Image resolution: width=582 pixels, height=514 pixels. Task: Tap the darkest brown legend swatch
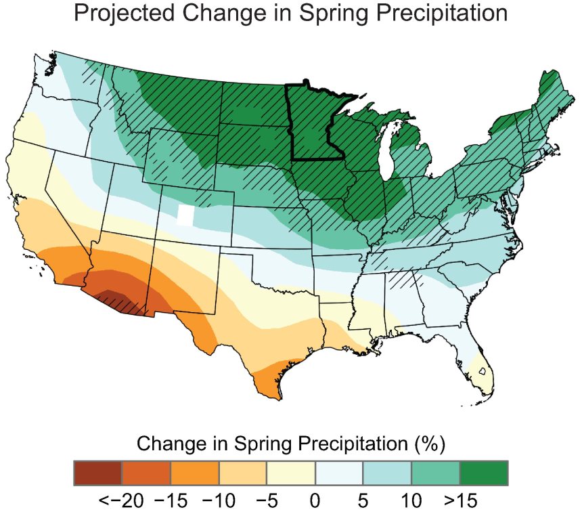tap(98, 473)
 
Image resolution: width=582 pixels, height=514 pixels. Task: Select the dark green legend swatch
tap(484, 473)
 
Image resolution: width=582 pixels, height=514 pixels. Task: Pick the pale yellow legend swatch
tap(291, 473)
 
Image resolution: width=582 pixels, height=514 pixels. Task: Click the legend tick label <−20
tap(120, 501)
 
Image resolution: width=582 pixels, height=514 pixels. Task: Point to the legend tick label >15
tap(462, 501)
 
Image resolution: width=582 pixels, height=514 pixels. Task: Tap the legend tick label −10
tap(218, 501)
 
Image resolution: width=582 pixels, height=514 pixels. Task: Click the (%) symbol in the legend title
tap(428, 444)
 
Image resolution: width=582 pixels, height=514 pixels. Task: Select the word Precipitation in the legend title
tap(343, 444)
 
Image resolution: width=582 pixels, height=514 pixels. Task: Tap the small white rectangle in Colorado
tap(184, 215)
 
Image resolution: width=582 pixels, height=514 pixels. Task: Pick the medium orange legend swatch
tap(195, 473)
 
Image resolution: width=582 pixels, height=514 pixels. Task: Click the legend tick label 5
tap(363, 501)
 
